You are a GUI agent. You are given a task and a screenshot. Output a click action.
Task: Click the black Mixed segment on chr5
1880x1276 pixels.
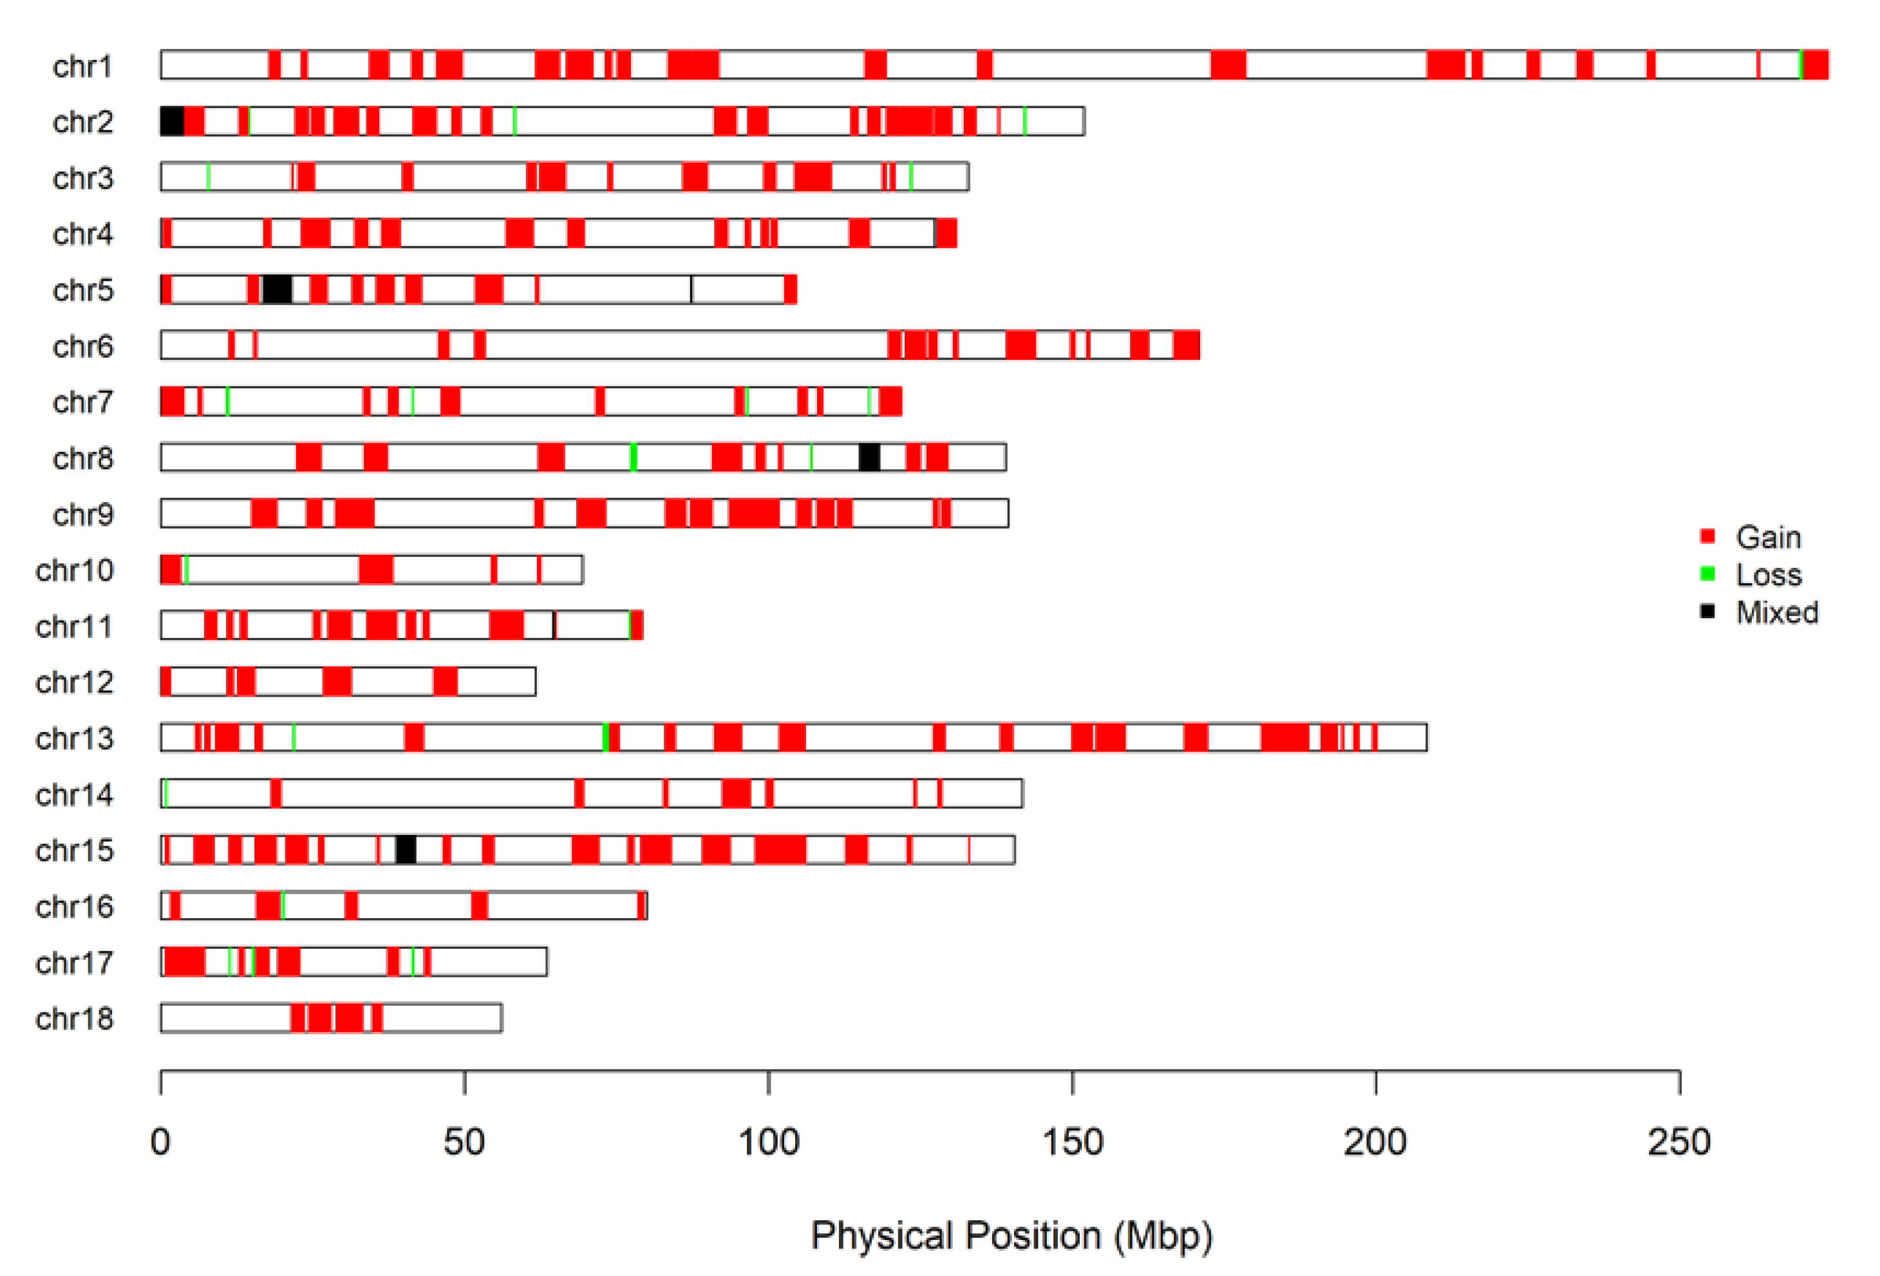277,290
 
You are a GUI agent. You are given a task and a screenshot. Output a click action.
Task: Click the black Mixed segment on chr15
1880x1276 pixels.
406,850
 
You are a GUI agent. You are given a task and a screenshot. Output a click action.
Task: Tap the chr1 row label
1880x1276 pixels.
82,66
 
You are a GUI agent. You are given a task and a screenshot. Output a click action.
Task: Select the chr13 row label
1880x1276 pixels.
75,738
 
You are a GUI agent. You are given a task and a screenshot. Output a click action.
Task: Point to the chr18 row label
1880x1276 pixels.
75,1018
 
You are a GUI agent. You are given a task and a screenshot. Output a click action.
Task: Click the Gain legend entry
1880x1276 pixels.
1767,538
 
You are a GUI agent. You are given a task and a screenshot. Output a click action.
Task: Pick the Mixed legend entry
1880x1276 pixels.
1775,612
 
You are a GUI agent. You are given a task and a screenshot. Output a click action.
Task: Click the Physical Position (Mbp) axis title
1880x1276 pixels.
1011,1235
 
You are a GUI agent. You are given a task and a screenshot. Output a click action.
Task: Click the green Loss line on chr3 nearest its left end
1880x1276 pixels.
208,177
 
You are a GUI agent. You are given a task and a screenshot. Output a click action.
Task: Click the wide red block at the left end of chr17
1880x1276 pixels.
184,962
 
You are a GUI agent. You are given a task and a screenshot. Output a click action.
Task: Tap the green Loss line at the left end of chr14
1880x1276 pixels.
165,794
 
